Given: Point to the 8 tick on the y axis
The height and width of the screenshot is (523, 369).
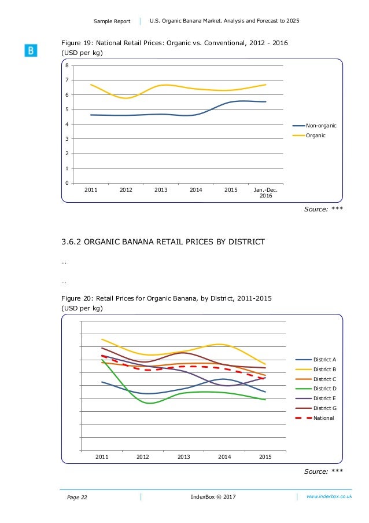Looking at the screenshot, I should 67,65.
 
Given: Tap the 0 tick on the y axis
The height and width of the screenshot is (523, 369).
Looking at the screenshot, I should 67,183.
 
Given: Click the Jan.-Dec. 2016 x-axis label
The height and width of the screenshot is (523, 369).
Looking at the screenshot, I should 265,192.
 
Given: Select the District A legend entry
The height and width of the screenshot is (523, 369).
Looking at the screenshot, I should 324,360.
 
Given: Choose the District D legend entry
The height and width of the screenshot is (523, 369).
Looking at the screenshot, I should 324,389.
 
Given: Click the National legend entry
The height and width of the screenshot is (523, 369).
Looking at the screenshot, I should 323,418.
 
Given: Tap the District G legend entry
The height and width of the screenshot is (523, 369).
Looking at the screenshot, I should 324,408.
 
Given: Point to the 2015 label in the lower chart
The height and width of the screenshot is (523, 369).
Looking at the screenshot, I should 265,457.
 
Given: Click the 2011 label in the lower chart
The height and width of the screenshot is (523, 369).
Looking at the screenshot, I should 102,457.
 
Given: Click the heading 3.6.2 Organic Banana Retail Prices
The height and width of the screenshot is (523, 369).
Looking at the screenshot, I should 163,242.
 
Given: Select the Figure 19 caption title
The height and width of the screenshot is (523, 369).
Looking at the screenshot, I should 175,43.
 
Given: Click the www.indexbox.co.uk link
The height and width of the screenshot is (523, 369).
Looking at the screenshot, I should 329,497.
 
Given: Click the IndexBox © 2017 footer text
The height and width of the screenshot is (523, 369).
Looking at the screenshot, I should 213,497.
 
